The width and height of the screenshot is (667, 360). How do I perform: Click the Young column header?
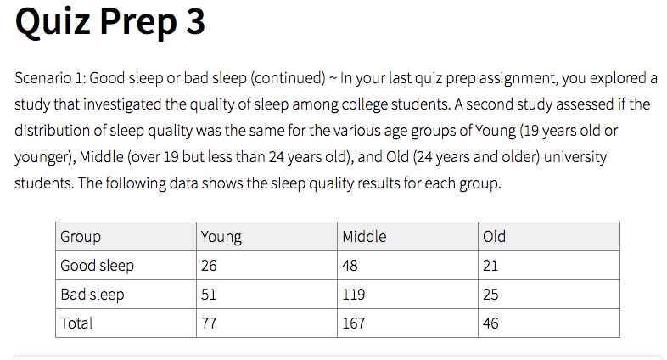pos(221,237)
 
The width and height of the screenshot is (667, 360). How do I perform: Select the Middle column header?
pos(364,237)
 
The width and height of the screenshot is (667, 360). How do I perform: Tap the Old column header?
pos(494,237)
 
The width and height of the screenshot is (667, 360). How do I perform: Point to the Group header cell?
pos(81,237)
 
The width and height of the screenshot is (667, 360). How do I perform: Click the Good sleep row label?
pos(97,266)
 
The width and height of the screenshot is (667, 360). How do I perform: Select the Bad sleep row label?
pos(92,295)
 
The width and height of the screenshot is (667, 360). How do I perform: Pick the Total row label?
pos(76,323)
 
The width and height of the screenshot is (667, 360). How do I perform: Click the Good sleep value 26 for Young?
pos(209,266)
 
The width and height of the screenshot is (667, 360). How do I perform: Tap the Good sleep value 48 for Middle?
pos(350,266)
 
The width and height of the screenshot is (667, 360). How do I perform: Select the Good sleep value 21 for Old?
pos(490,266)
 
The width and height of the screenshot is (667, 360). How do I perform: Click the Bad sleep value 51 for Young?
pos(209,295)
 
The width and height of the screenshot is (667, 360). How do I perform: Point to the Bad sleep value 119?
pos(353,295)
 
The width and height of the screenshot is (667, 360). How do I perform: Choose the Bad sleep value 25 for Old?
pos(490,295)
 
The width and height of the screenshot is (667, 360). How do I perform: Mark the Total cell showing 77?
pos(209,323)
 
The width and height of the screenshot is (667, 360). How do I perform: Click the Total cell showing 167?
pos(353,323)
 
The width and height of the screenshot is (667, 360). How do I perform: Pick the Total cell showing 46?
pos(490,323)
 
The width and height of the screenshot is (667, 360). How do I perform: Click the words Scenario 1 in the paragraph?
pos(50,79)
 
